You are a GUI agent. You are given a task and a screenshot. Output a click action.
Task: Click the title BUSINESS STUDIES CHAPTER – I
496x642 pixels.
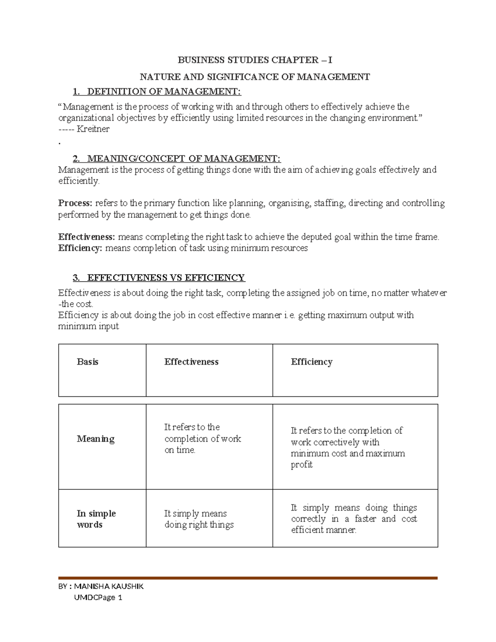[255, 60]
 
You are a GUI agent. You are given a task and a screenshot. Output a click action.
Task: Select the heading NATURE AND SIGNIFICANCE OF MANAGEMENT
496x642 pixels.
[255, 77]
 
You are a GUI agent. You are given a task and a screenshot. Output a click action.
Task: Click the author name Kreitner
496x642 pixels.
[93, 129]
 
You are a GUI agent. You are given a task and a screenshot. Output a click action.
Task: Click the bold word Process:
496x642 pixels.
[75, 203]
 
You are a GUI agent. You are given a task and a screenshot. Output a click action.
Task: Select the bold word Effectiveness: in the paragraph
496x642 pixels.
[87, 237]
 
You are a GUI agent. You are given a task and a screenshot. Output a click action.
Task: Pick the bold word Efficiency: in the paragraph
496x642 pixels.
[80, 248]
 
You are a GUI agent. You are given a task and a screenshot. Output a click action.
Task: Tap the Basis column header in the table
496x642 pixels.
[88, 362]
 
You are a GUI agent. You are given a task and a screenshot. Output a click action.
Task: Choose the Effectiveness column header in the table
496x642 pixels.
[191, 362]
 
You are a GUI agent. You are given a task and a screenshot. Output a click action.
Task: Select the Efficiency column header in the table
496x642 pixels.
[312, 362]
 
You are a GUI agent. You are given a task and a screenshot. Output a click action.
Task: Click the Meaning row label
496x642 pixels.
[95, 439]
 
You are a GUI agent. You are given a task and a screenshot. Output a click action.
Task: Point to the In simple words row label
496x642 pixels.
[96, 519]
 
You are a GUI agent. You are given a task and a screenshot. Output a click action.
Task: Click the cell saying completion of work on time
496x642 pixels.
[202, 439]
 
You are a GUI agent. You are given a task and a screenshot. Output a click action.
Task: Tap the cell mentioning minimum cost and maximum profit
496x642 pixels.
[347, 448]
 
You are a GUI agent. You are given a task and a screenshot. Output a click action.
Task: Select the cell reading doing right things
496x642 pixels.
[199, 519]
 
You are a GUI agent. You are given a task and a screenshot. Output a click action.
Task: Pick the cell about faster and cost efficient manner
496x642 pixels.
[354, 519]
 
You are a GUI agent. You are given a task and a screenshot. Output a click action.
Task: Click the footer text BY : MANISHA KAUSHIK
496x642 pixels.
[101, 586]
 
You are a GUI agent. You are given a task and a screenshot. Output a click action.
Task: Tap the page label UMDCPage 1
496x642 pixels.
[98, 597]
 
